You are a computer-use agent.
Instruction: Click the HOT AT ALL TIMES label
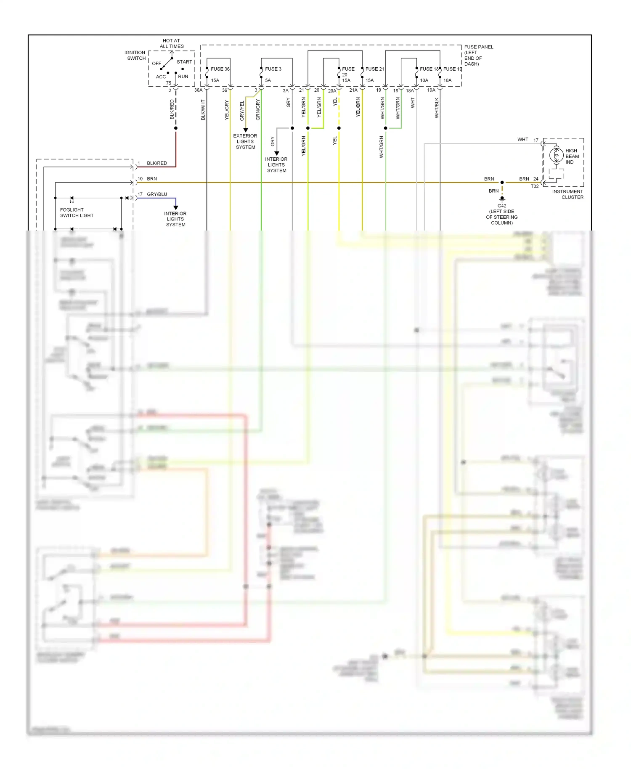point(172,44)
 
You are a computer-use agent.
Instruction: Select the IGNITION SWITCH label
point(135,56)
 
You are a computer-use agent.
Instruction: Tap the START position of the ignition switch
point(184,62)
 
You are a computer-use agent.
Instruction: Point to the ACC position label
point(161,77)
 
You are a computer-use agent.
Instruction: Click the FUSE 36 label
point(220,69)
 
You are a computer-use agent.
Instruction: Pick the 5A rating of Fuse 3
point(268,80)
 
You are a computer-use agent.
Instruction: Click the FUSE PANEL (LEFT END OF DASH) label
point(478,56)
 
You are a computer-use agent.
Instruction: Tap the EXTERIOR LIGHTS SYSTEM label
point(245,142)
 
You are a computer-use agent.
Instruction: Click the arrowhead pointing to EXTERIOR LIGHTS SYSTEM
point(246,130)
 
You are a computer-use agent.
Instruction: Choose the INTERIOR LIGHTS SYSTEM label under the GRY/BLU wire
point(175,219)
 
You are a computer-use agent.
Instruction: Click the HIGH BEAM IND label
point(572,156)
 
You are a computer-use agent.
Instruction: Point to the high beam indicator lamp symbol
point(556,155)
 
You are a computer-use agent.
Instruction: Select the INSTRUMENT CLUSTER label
point(567,194)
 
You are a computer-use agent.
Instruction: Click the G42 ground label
point(502,206)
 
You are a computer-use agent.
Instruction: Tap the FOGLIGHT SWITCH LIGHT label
point(77,212)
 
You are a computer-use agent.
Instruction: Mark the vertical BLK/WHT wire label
point(203,110)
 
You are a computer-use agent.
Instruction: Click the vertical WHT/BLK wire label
point(437,108)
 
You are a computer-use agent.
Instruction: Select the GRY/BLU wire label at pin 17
point(157,194)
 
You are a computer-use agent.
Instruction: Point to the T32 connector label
point(534,186)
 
